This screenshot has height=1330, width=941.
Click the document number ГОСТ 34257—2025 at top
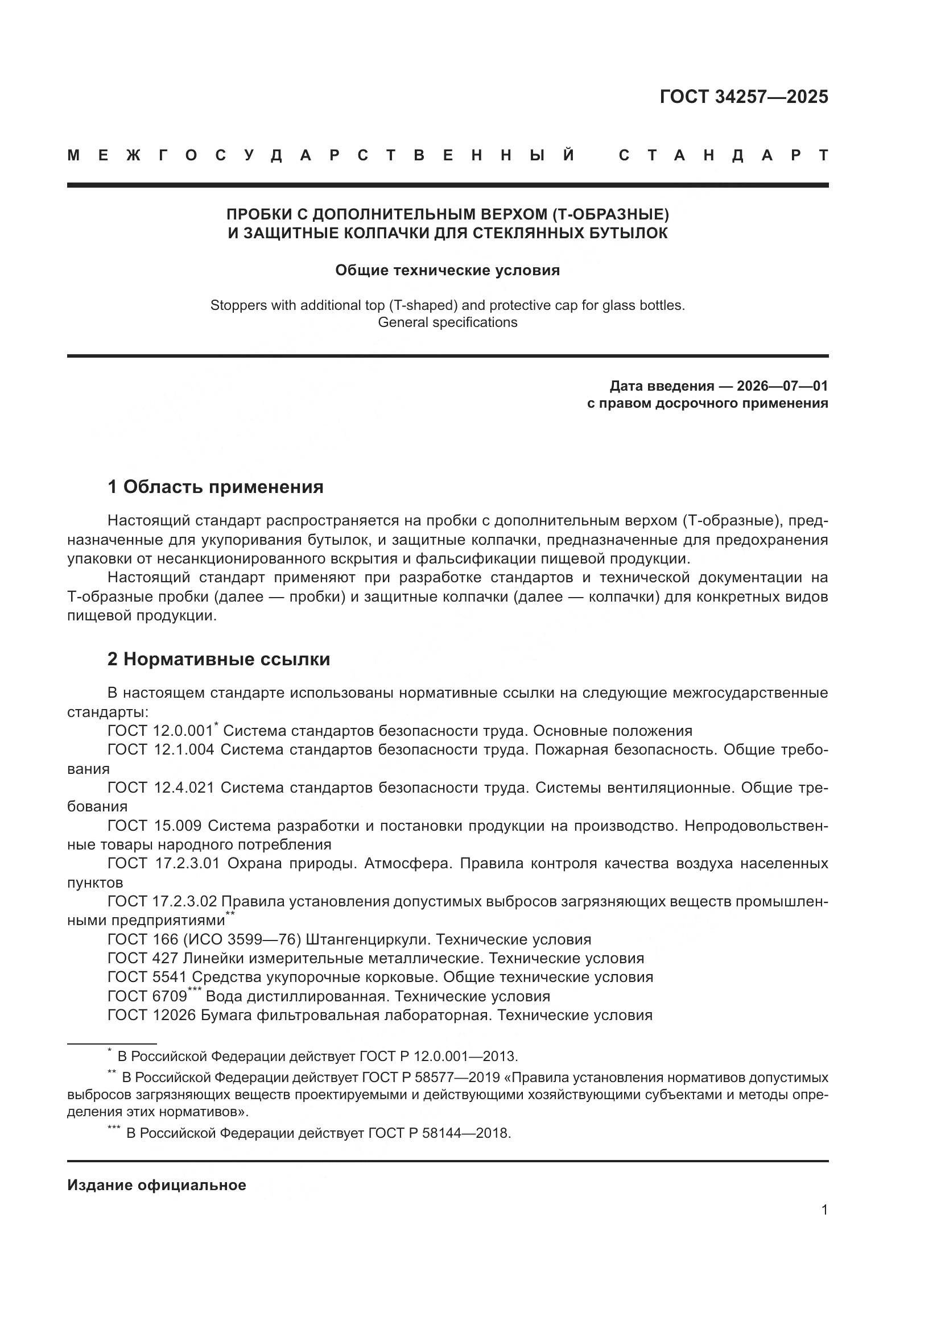[x=744, y=97]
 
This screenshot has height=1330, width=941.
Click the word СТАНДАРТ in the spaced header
[x=723, y=155]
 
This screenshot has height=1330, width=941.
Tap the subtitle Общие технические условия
[x=447, y=271]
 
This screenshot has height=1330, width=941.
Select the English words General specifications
[x=447, y=322]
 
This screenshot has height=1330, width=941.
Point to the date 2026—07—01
[x=782, y=386]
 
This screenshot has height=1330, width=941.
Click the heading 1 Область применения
[x=215, y=487]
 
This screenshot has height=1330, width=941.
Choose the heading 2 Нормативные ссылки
[x=218, y=659]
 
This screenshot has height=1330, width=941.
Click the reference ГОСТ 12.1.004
[x=160, y=749]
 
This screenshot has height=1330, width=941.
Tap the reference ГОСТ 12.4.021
[x=160, y=788]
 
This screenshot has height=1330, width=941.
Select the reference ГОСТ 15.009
[x=154, y=826]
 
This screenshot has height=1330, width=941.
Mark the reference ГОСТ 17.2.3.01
[x=163, y=863]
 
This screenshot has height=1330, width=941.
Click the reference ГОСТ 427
[x=143, y=958]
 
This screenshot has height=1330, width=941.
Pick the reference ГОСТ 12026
[x=151, y=1015]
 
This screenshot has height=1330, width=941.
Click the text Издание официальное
[x=156, y=1184]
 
